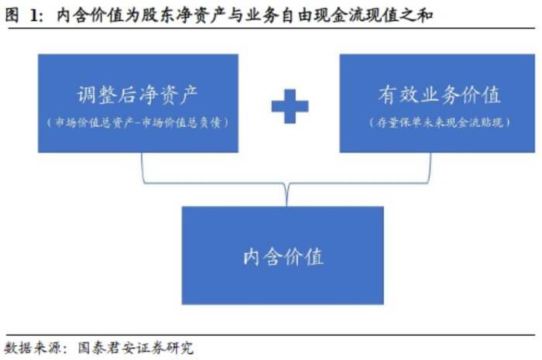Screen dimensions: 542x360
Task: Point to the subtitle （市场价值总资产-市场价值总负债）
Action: click(138, 122)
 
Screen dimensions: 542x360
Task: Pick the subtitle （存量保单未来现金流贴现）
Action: click(439, 122)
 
